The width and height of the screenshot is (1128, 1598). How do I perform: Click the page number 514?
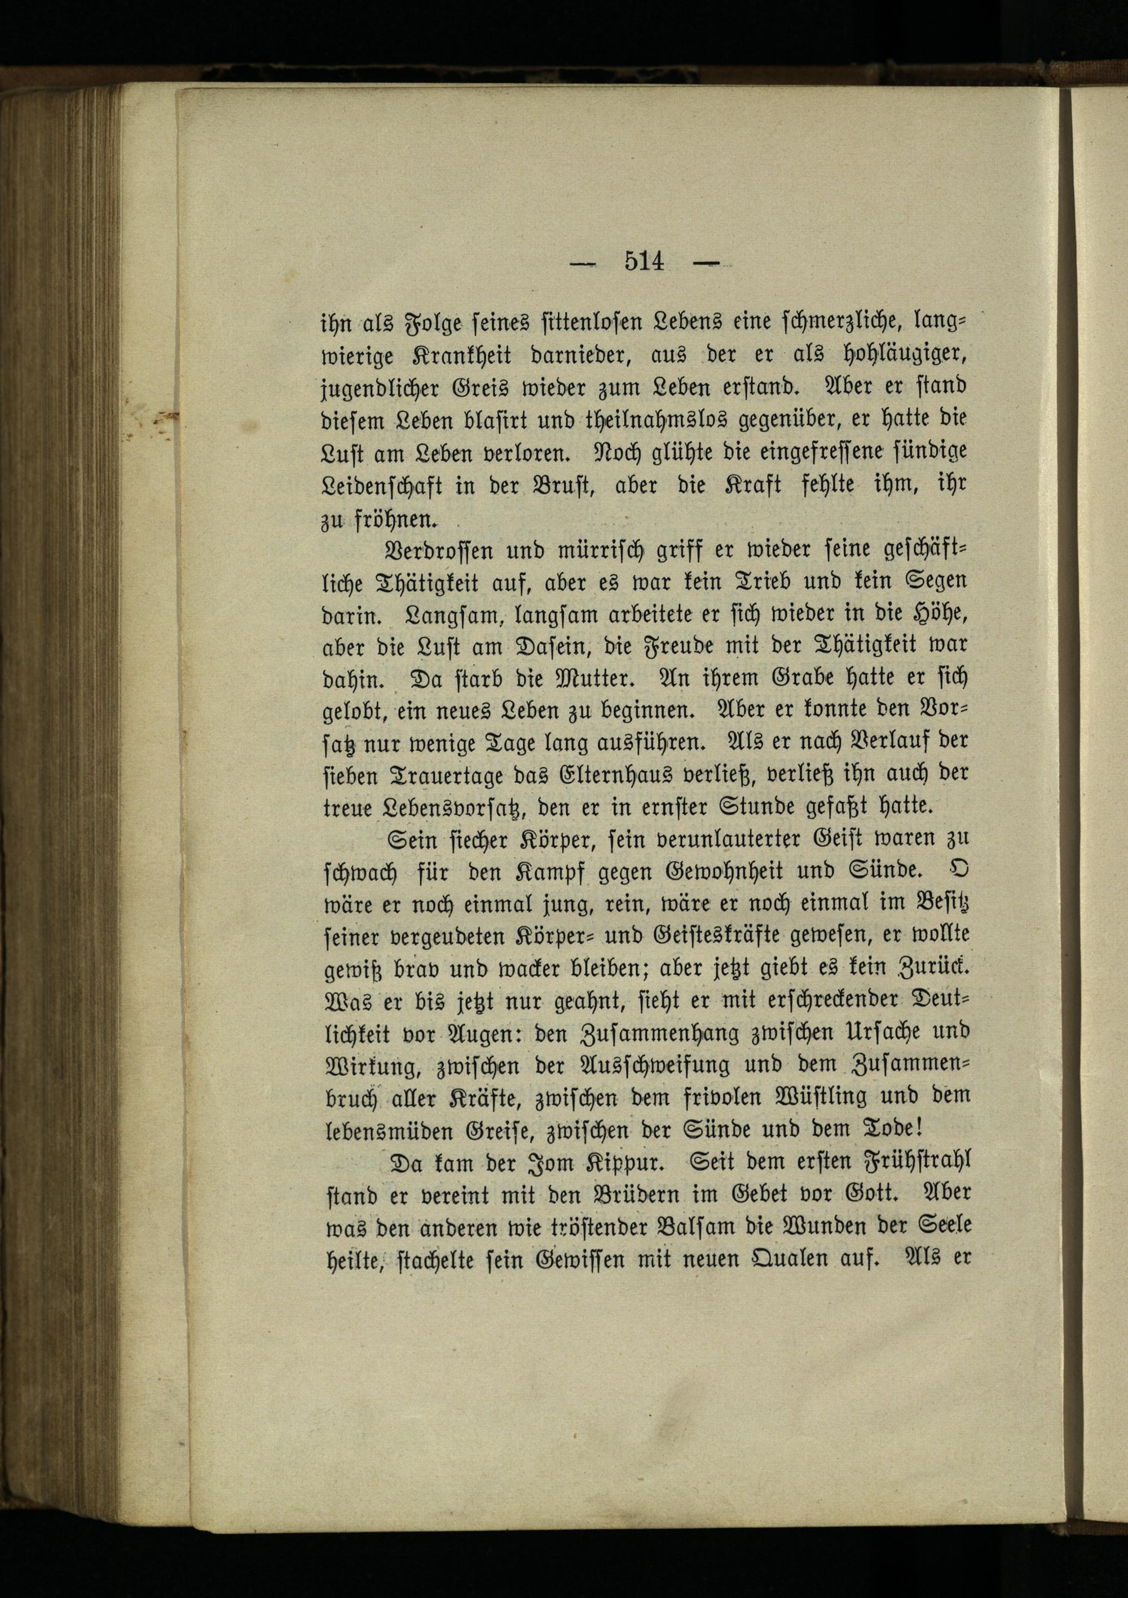(x=645, y=262)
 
